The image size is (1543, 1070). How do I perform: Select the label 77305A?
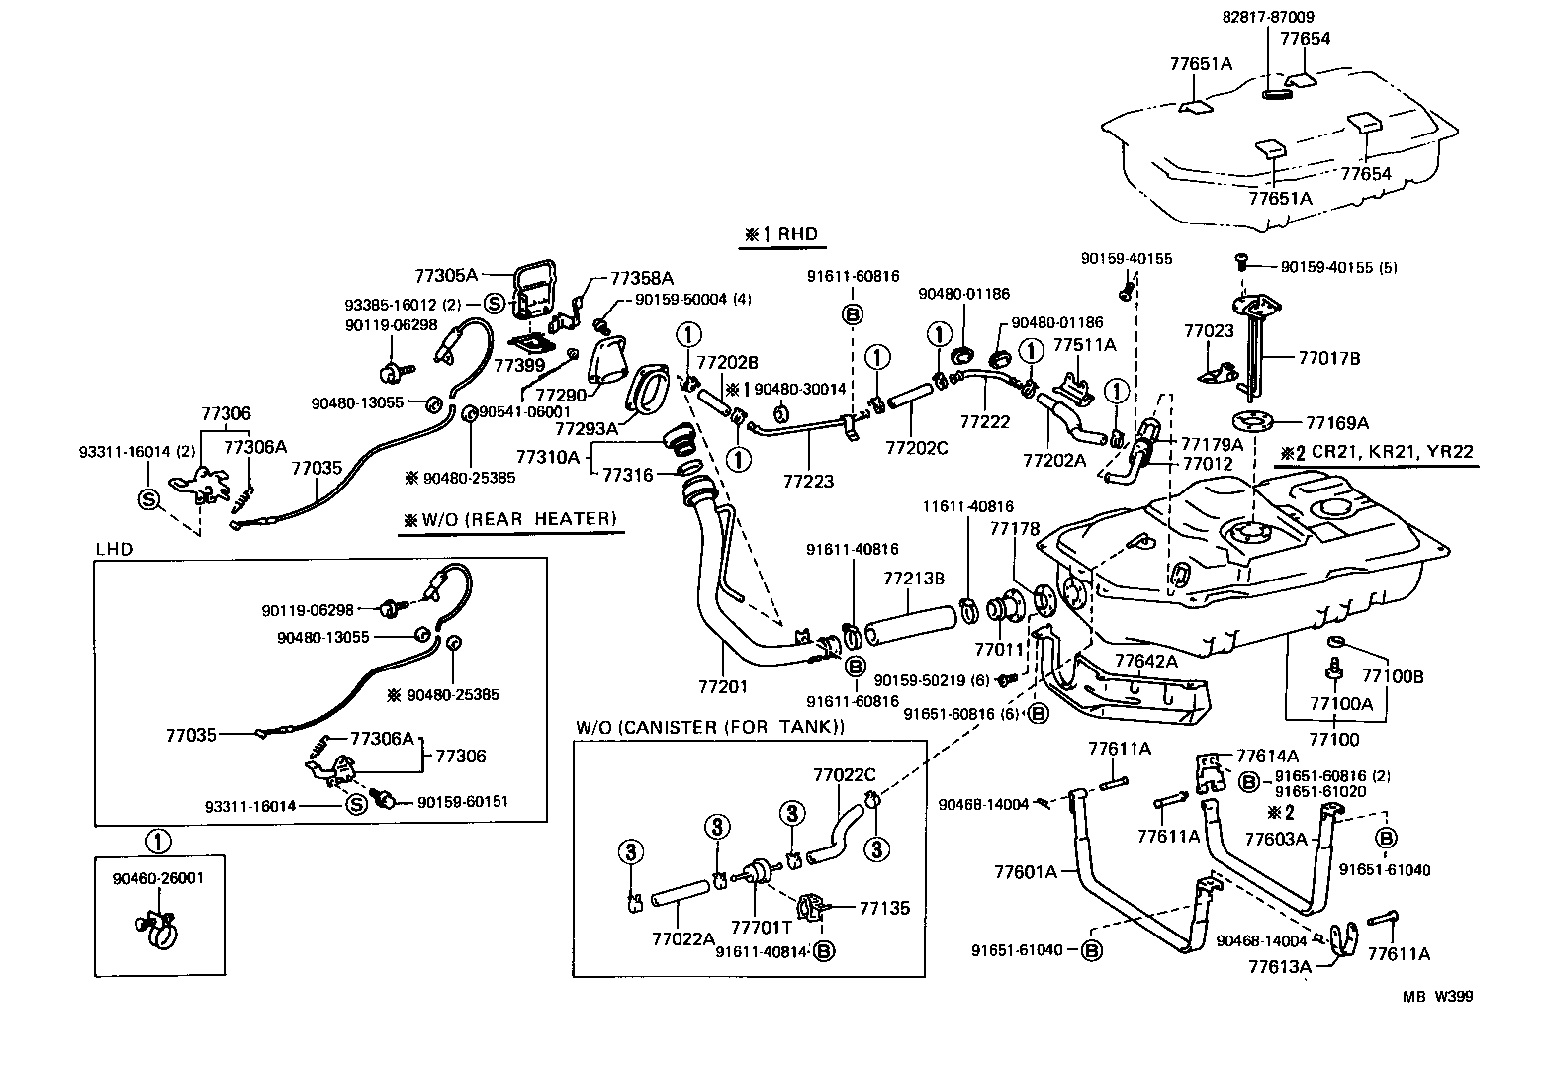coord(446,276)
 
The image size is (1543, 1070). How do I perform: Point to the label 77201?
coord(723,686)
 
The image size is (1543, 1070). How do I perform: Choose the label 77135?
coord(884,908)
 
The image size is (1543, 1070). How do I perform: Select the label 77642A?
coord(1146,661)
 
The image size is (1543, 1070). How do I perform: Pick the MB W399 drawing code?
coord(1436,997)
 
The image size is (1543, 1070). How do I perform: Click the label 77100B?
coord(1393,676)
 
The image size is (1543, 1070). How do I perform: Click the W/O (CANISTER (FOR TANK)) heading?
coord(710,728)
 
